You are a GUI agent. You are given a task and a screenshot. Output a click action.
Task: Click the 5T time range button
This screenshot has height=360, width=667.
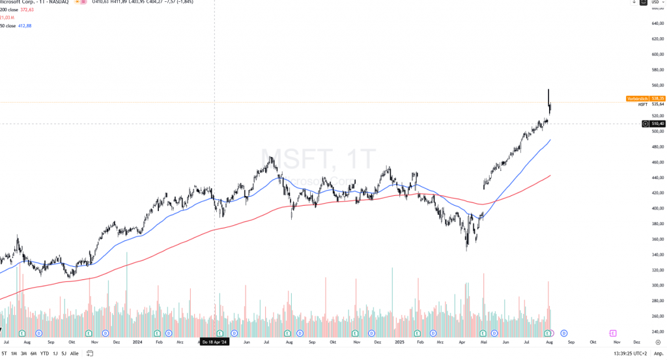[5, 353]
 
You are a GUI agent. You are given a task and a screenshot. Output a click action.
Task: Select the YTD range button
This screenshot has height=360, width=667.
[44, 353]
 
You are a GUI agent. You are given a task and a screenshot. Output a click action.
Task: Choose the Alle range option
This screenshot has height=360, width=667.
[74, 353]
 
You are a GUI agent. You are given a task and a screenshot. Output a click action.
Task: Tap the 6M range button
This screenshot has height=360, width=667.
[33, 353]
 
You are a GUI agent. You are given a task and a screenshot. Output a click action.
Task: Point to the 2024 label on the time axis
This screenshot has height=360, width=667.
[137, 341]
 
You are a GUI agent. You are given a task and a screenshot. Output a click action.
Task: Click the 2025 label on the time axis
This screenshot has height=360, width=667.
[399, 341]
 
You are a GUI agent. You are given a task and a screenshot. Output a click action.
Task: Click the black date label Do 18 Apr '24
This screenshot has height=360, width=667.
[214, 341]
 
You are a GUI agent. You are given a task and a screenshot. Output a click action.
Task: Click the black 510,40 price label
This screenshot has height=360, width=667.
[657, 123]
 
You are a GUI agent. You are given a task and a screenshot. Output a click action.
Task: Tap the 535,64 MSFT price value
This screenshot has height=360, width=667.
[657, 104]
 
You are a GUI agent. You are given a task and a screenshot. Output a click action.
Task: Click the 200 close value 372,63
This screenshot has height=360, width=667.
[27, 10]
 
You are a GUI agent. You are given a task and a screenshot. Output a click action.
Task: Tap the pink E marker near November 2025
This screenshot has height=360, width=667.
[612, 333]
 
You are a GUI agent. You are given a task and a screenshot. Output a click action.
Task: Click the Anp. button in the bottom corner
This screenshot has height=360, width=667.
[658, 353]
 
